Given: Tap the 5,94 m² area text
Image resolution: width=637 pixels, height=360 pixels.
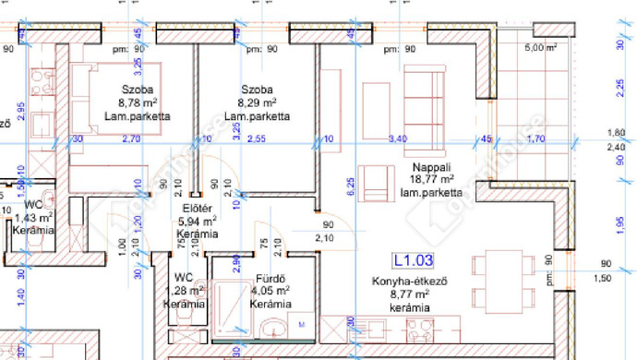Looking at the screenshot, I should (x=198, y=221).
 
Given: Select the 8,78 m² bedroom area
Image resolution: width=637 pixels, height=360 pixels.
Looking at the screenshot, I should (x=138, y=103).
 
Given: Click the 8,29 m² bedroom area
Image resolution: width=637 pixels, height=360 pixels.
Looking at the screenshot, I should (x=258, y=103).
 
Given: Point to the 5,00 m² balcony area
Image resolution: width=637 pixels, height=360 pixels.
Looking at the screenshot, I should (x=540, y=47).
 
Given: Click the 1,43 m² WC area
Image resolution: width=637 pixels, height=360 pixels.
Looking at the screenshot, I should (x=33, y=217).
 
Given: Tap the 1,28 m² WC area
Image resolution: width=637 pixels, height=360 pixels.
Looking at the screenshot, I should (x=185, y=290).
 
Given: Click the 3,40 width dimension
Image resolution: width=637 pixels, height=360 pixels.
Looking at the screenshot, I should (x=398, y=138).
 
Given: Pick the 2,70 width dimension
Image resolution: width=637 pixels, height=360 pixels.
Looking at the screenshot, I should (x=131, y=138).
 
